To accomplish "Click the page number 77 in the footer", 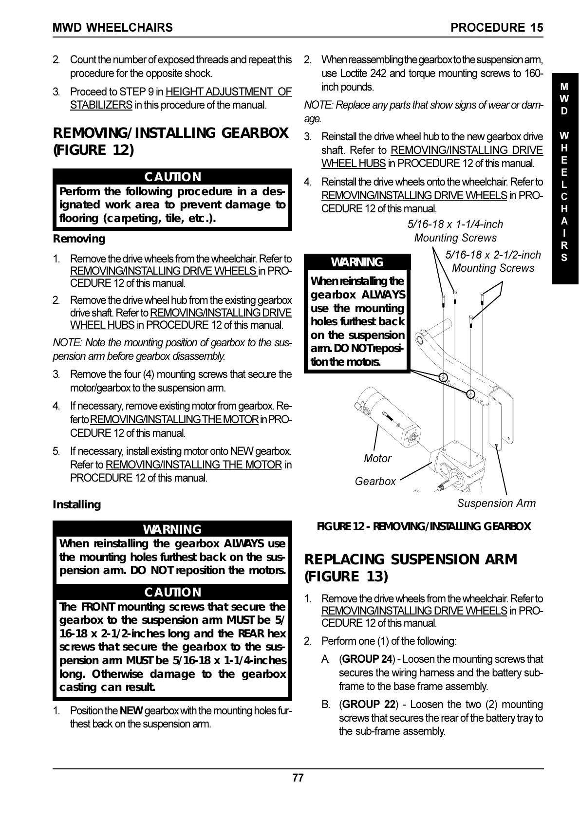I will click(x=298, y=778).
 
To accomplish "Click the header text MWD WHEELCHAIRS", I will click(x=112, y=28).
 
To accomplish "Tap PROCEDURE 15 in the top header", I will click(x=497, y=28).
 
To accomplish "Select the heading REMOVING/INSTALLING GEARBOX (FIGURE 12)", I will click(x=170, y=141).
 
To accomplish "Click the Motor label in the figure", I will click(x=377, y=459).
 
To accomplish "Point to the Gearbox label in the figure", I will click(x=375, y=482).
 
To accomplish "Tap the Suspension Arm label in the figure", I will click(x=496, y=503).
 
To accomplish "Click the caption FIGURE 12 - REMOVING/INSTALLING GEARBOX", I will click(x=424, y=526).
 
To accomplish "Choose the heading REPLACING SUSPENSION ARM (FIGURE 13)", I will click(x=410, y=568).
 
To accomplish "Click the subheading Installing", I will click(x=76, y=504).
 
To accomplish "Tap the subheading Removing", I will click(x=78, y=239).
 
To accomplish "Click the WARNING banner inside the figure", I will click(x=357, y=262).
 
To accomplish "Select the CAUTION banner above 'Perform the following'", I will click(x=172, y=177).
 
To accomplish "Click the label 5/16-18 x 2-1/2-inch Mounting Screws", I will click(x=493, y=261).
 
